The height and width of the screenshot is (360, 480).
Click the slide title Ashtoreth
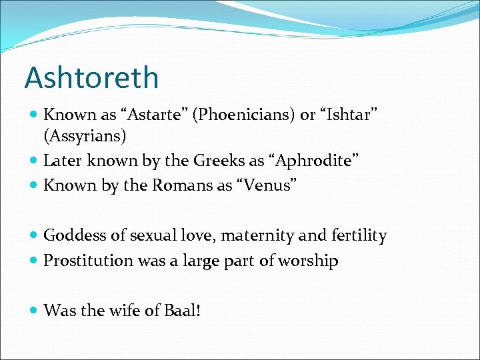91,77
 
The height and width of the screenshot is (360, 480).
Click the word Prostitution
89,260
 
